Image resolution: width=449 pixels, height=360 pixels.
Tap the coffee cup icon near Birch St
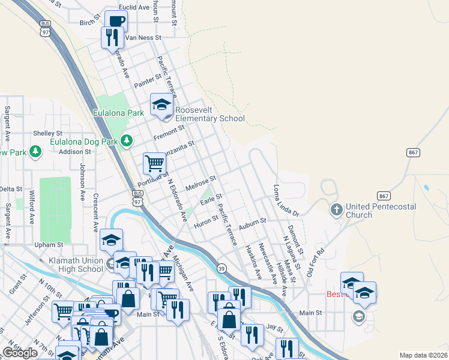[x=116, y=21]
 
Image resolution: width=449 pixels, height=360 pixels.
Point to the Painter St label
[x=148, y=81]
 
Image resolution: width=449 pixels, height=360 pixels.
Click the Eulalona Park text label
[x=118, y=112]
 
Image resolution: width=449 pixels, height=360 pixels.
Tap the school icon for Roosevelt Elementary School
[x=161, y=105]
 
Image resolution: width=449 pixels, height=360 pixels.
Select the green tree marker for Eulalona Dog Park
[x=126, y=141]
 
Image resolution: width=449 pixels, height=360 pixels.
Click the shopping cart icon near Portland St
[x=154, y=163]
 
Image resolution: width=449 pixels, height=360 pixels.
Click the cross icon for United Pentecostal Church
[x=336, y=209]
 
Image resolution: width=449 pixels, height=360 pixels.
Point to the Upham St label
[x=49, y=245]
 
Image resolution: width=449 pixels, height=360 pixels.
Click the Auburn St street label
[x=252, y=222]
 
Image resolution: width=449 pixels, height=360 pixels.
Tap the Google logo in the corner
[x=20, y=353]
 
